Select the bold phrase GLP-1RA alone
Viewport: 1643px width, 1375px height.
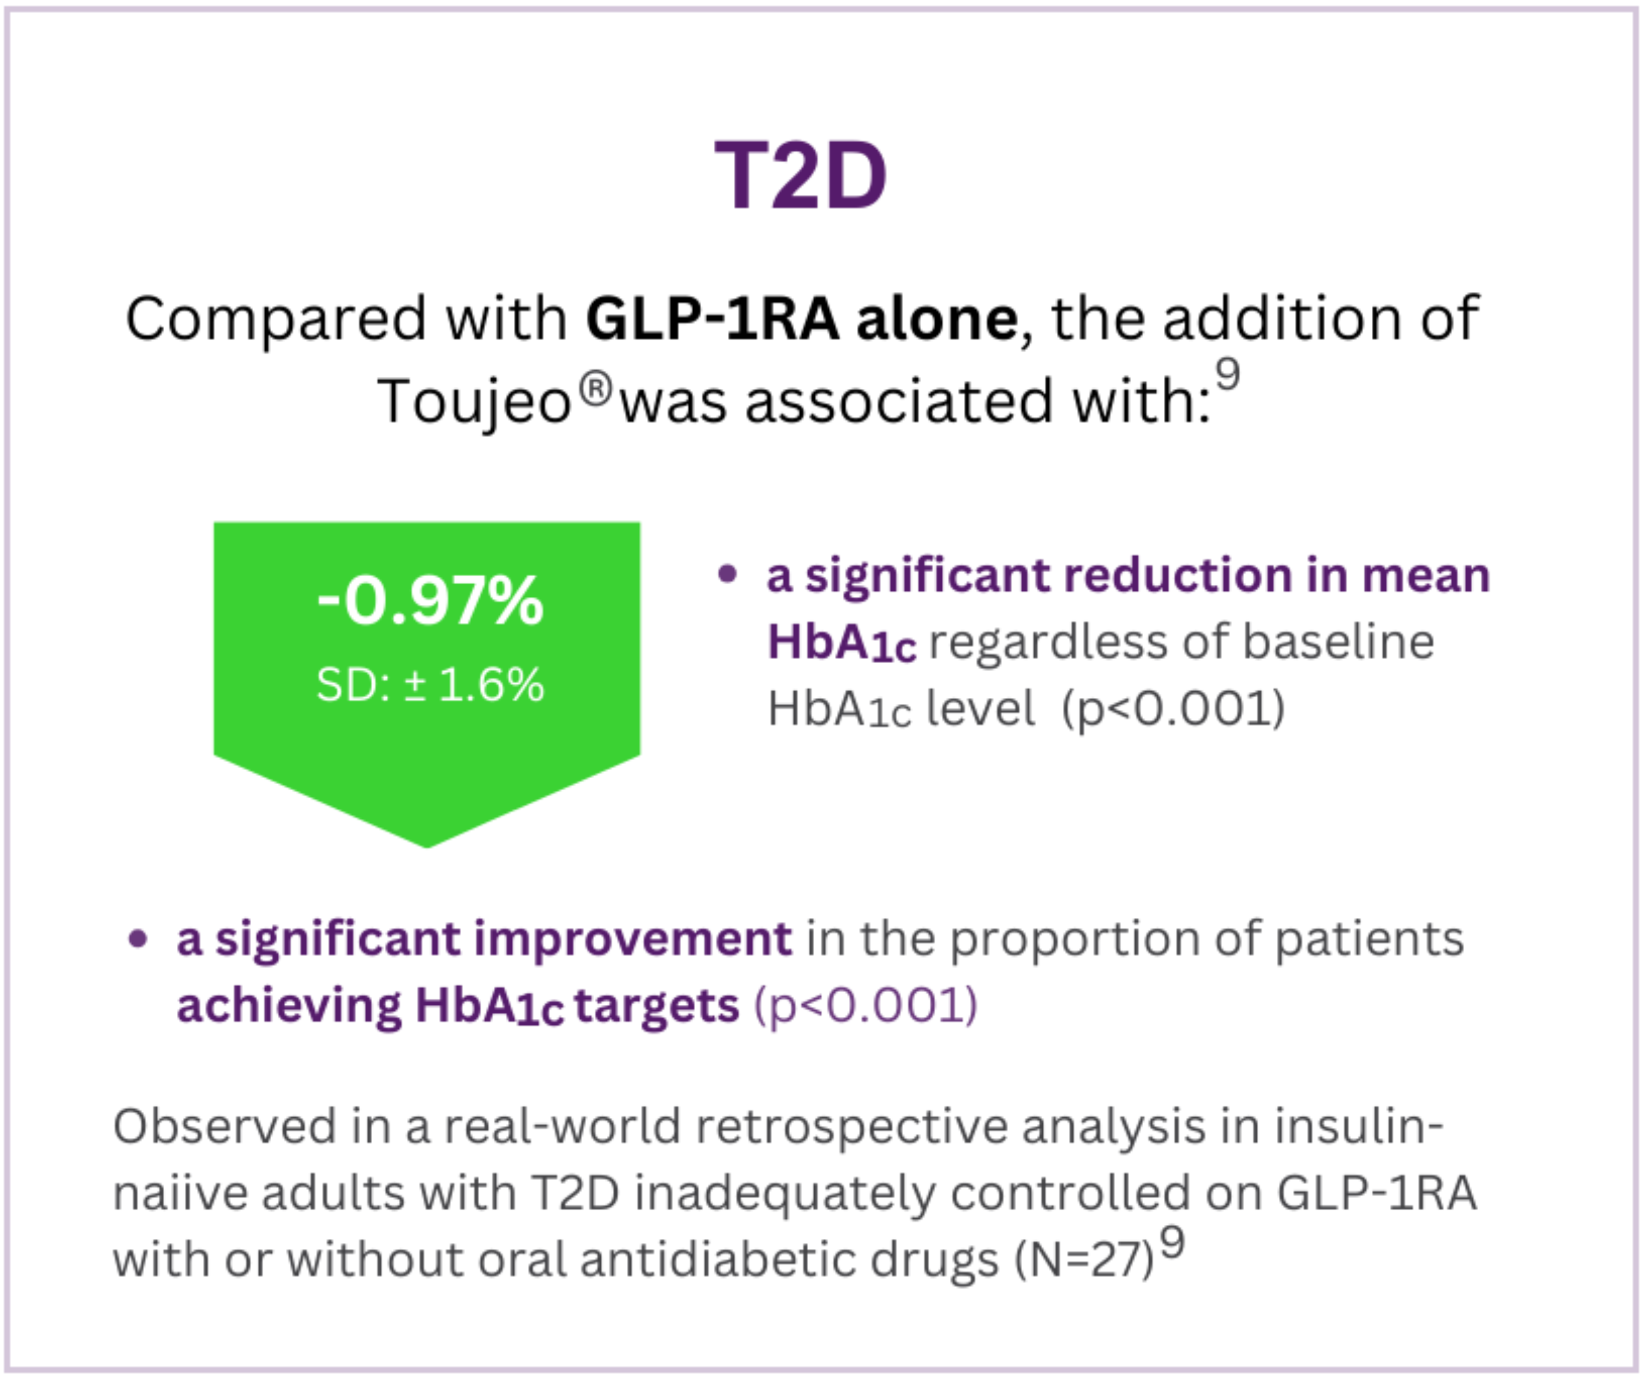coord(802,318)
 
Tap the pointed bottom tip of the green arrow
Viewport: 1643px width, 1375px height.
coord(427,847)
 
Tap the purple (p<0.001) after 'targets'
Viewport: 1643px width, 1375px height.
coord(865,1006)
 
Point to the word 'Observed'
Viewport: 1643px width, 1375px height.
coord(225,1127)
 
